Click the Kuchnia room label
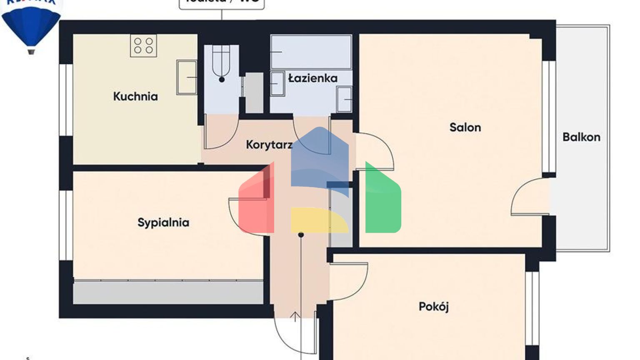click(135, 97)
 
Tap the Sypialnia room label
click(163, 222)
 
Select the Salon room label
click(465, 127)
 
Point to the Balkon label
click(581, 137)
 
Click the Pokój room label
click(433, 307)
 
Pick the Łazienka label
click(313, 78)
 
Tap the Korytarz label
click(269, 145)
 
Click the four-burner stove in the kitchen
click(143, 46)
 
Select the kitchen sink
click(186, 77)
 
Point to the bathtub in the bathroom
click(311, 52)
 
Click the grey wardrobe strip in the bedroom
click(168, 292)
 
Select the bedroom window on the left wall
click(66, 225)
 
